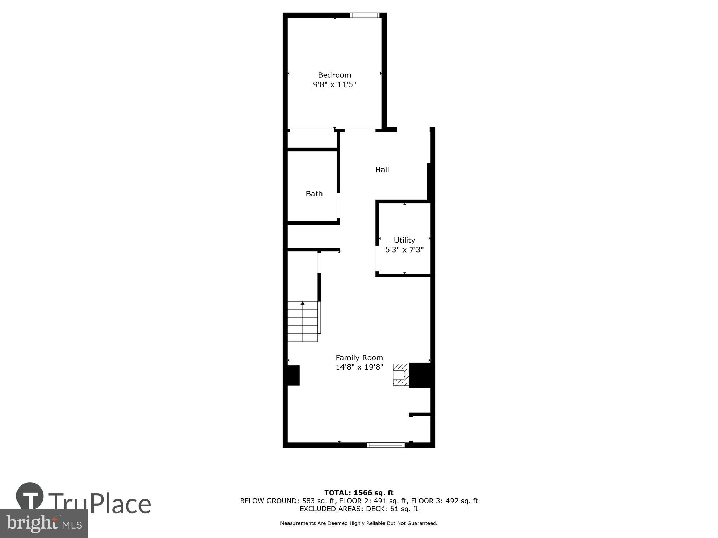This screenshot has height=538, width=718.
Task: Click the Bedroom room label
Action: [334, 75]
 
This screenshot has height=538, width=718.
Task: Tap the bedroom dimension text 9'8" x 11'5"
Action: [334, 84]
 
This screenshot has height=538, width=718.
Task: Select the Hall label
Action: [382, 170]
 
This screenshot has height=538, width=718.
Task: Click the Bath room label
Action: [314, 194]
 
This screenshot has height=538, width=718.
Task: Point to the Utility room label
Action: [404, 240]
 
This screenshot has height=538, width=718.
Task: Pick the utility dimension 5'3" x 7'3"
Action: [404, 250]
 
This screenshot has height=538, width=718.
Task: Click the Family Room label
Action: [359, 358]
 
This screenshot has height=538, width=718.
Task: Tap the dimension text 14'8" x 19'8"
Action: [359, 367]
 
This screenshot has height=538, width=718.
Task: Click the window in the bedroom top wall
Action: [365, 15]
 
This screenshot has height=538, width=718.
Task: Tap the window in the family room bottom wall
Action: [385, 445]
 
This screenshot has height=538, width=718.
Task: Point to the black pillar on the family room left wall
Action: [293, 375]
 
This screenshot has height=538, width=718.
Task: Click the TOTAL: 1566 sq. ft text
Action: [359, 493]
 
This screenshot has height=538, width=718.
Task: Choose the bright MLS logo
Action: [43, 523]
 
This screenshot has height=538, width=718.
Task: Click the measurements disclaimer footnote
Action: [359, 523]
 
